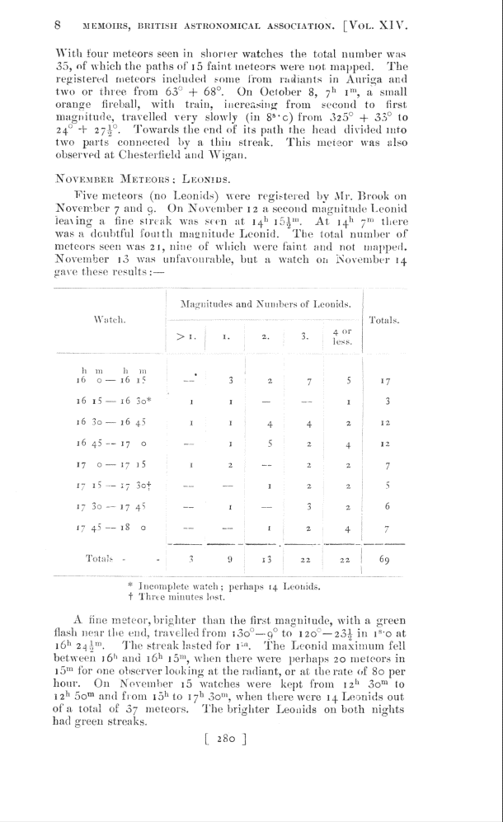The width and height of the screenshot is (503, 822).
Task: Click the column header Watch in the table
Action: coord(109,318)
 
